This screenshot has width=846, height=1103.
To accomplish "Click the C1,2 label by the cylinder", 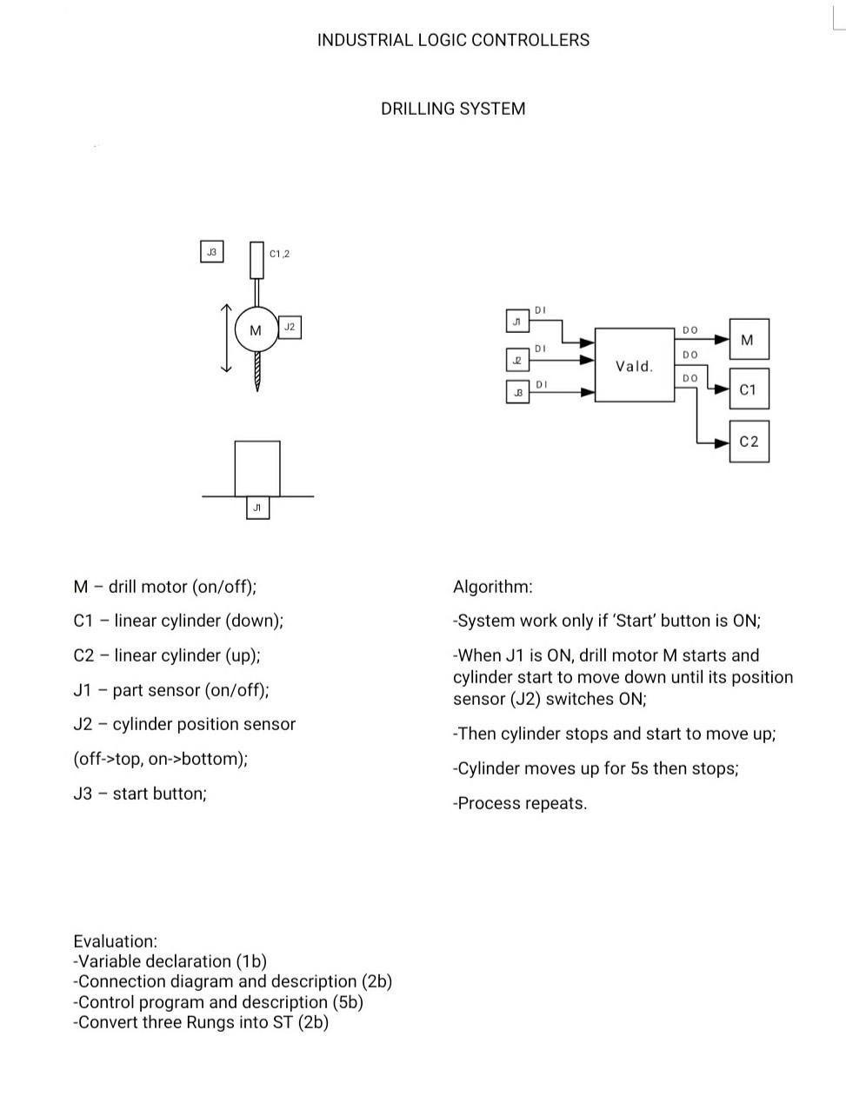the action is [x=279, y=254].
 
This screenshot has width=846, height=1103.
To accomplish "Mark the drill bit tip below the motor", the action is [x=257, y=390].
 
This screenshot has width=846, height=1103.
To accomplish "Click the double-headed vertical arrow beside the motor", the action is [x=226, y=338].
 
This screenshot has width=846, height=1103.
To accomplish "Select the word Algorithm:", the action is [x=493, y=587].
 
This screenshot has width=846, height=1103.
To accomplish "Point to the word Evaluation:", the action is [x=116, y=941].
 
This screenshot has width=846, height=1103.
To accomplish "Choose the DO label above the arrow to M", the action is [x=690, y=330].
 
